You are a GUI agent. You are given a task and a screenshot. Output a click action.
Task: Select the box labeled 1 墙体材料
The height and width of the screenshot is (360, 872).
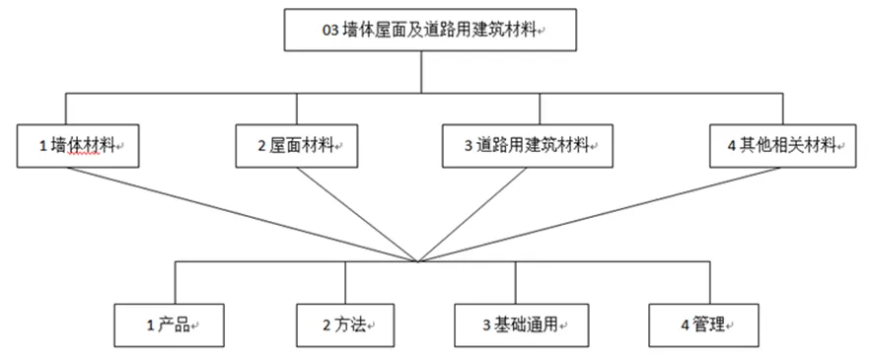[78, 145]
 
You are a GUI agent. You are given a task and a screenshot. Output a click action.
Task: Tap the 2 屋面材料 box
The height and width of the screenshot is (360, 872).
[296, 145]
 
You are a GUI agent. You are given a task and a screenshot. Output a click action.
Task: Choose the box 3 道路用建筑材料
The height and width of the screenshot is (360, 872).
[522, 145]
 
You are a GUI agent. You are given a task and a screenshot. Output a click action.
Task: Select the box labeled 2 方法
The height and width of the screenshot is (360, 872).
[340, 324]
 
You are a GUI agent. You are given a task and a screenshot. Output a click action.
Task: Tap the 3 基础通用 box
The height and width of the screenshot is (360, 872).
[523, 324]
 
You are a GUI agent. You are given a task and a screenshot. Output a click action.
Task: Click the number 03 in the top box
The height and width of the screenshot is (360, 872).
[330, 31]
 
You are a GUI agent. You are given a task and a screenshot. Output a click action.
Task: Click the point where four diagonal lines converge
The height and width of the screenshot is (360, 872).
[419, 260]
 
